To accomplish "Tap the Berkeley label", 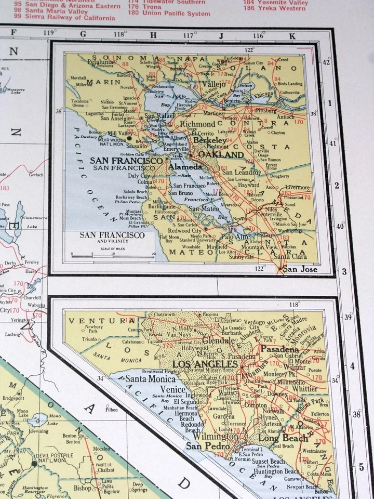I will click(209, 140).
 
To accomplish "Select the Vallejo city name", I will click(213, 84).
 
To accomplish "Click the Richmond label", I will click(197, 124).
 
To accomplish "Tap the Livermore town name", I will click(297, 187).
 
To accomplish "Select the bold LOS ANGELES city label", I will click(205, 363).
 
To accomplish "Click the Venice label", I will click(172, 389).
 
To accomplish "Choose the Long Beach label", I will click(276, 438).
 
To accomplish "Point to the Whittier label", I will click(304, 388).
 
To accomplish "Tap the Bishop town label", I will click(82, 488).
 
